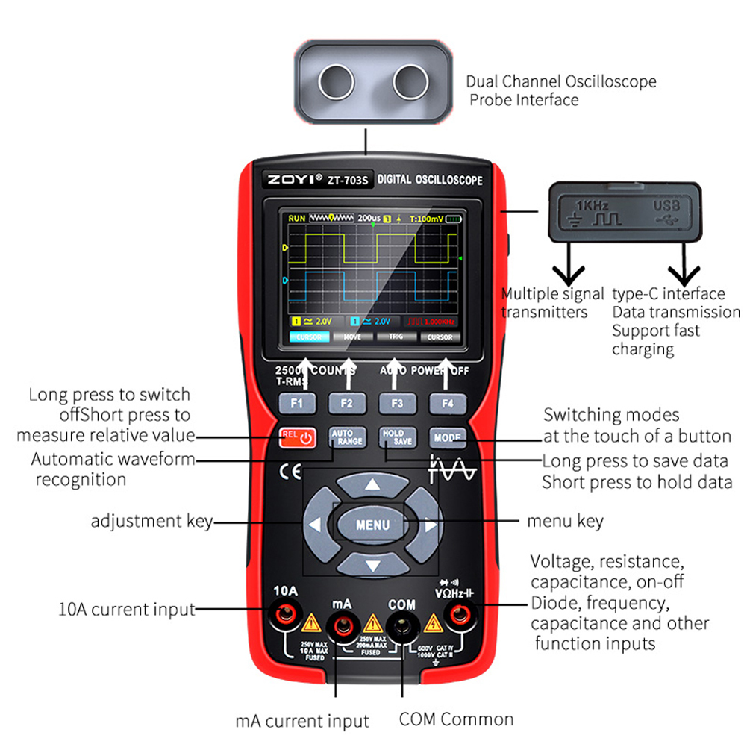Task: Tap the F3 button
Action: click(397, 404)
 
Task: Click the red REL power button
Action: click(297, 437)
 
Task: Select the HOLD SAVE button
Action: click(397, 437)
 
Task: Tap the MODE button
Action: click(447, 437)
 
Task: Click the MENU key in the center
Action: click(372, 525)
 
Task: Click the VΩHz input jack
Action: click(455, 616)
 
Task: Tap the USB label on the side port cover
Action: click(666, 204)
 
